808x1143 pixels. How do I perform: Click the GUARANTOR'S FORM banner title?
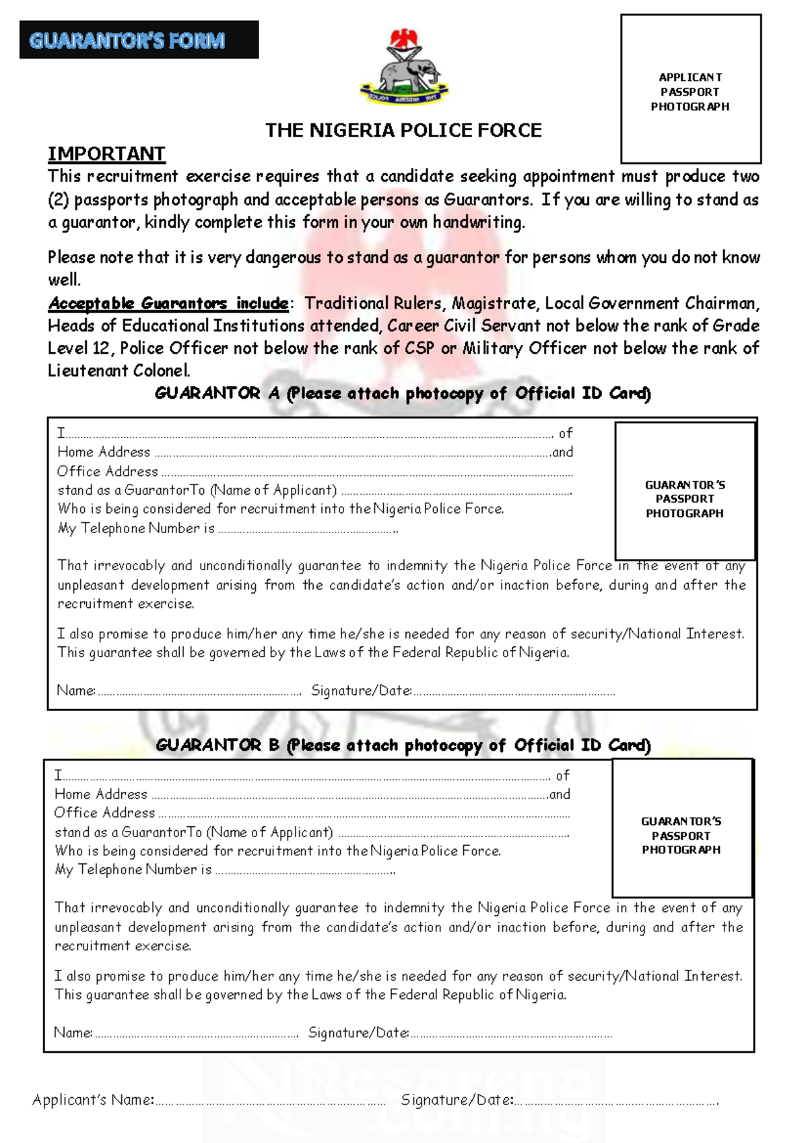[127, 40]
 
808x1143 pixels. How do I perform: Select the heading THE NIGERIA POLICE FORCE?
[403, 130]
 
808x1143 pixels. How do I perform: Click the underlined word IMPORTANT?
[106, 154]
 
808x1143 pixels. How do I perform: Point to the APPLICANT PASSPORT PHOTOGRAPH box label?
[690, 92]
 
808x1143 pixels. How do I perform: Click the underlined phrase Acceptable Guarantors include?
[168, 303]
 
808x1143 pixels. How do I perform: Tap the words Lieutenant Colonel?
[119, 371]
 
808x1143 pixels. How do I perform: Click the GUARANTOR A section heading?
[403, 394]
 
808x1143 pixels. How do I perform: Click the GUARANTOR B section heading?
[403, 745]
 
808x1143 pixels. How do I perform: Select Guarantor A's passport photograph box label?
[685, 499]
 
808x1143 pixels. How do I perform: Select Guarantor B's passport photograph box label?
[681, 836]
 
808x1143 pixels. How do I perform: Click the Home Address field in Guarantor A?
[350, 453]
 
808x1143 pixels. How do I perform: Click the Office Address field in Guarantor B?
[364, 813]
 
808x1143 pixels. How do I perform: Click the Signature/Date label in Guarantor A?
[362, 691]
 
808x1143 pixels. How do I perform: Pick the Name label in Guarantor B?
[73, 1032]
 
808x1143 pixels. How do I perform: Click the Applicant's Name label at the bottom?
[93, 1100]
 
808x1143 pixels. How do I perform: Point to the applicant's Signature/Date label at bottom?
[457, 1100]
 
